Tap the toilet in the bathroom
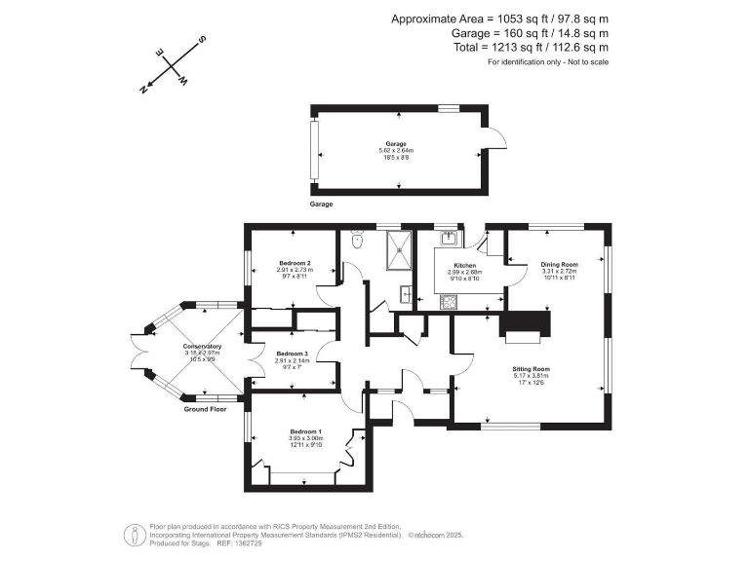(357, 239)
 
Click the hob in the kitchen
(451, 301)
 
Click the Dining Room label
(560, 264)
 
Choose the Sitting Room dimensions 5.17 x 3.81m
(532, 376)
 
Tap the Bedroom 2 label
(294, 264)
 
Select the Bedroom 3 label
(292, 354)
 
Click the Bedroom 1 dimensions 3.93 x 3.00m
(306, 439)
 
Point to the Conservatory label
(202, 347)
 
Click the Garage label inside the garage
(396, 143)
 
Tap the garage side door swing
(496, 140)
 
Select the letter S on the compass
(202, 40)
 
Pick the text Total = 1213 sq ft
(532, 47)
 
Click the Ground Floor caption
(207, 410)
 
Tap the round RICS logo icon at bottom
(131, 534)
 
